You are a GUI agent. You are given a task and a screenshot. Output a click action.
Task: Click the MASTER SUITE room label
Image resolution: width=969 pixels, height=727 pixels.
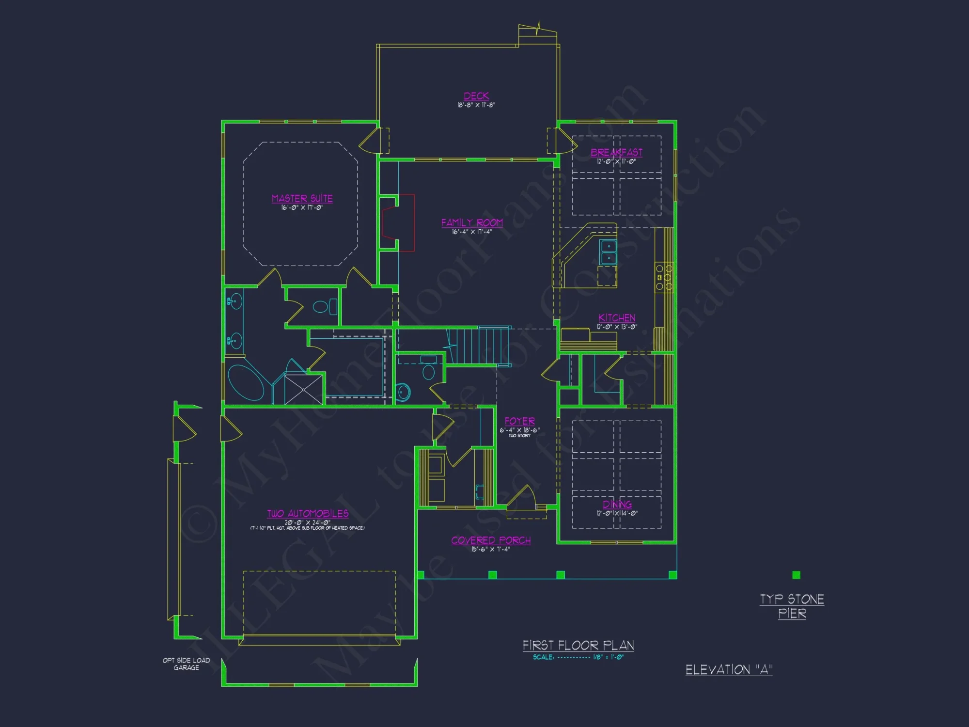click(302, 199)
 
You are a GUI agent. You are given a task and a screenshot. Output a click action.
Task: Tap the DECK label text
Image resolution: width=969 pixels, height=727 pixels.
click(476, 96)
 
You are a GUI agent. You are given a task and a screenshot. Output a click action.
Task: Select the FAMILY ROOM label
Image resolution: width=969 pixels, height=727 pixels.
click(472, 223)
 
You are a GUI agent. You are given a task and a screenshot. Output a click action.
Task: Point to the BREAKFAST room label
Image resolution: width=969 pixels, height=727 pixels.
click(616, 153)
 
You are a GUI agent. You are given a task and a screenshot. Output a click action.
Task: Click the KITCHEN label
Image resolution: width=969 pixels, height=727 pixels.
click(617, 318)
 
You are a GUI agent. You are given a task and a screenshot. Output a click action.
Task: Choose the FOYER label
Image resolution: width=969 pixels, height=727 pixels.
click(519, 421)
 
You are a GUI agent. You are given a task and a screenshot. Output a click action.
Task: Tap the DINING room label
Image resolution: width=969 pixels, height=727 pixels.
click(617, 505)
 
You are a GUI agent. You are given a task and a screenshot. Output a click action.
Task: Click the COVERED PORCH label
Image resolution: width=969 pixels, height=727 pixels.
click(491, 540)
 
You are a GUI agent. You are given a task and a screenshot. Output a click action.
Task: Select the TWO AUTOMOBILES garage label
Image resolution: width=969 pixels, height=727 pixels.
click(308, 514)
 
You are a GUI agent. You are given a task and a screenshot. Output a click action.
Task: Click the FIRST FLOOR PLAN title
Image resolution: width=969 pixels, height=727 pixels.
click(578, 646)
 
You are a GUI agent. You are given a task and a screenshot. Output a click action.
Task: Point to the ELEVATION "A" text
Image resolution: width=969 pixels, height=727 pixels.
click(729, 670)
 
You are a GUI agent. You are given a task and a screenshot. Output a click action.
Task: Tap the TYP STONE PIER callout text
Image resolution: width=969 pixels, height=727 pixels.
click(792, 606)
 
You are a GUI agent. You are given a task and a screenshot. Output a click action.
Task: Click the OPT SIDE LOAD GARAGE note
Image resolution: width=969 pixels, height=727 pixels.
click(187, 664)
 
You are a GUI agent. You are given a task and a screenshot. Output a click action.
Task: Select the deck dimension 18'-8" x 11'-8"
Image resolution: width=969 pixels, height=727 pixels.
click(476, 105)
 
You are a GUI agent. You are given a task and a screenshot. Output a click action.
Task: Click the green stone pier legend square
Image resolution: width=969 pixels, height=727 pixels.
click(796, 575)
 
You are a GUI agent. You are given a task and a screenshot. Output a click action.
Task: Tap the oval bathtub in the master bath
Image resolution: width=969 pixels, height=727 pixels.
click(246, 383)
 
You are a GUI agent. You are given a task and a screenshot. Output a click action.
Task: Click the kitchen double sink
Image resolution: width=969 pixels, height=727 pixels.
click(609, 252)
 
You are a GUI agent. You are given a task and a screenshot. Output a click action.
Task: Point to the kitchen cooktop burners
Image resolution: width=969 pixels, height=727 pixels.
click(664, 277)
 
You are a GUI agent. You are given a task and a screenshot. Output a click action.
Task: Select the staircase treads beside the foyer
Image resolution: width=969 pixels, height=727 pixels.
click(477, 346)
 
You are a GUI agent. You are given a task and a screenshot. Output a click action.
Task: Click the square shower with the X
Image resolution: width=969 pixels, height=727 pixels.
click(303, 389)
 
